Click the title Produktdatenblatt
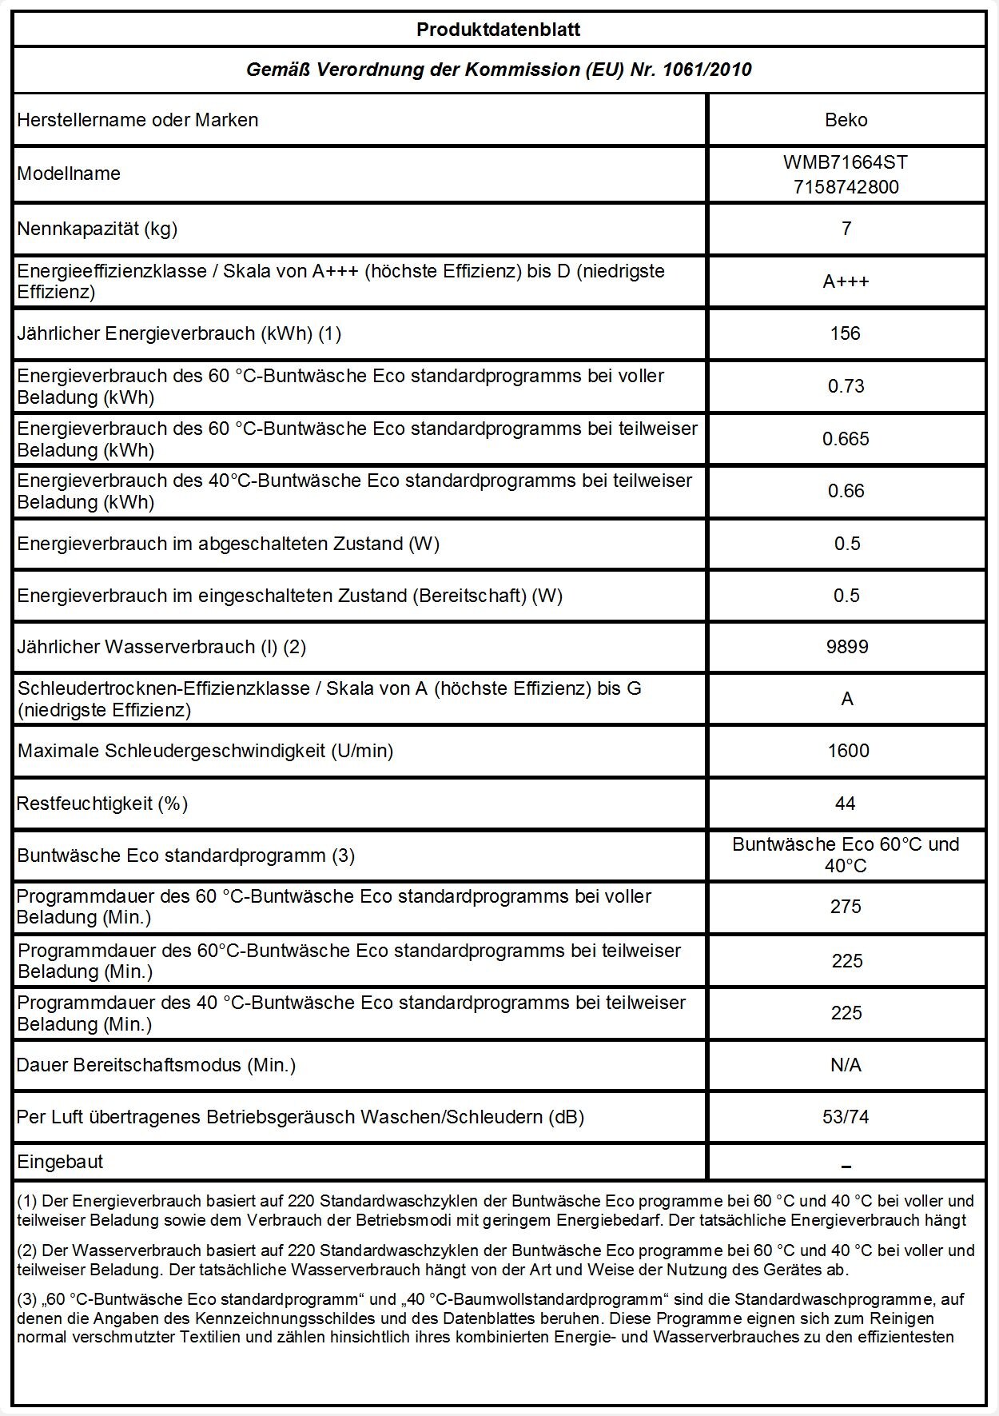(x=498, y=30)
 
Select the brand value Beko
(x=846, y=120)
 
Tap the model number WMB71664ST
(x=846, y=162)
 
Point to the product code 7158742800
(x=846, y=187)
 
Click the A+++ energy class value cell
(x=846, y=281)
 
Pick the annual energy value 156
(x=846, y=333)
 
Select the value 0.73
(x=846, y=386)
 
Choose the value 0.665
(x=846, y=439)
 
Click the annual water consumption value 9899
(x=846, y=647)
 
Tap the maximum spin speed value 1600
(x=848, y=751)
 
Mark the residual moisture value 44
(x=846, y=804)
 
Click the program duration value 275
(x=846, y=907)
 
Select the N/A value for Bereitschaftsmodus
(x=846, y=1065)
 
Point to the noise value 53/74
(x=846, y=1117)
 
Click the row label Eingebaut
(x=61, y=1162)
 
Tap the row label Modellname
(x=69, y=174)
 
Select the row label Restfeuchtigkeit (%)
(x=102, y=804)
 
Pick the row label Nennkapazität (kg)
(x=98, y=229)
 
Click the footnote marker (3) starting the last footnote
(x=26, y=1300)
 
